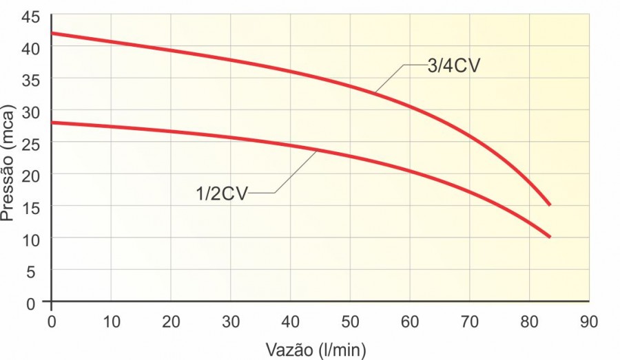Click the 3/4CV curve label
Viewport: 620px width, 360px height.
point(453,66)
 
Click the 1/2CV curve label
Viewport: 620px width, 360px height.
point(220,193)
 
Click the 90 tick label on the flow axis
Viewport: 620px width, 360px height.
point(588,321)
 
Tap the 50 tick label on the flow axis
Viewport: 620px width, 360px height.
point(350,321)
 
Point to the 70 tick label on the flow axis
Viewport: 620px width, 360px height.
point(469,321)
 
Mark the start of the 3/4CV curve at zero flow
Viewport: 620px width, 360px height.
point(53,33)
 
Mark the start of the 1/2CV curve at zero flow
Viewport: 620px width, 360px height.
point(53,123)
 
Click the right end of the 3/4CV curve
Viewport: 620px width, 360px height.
point(550,204)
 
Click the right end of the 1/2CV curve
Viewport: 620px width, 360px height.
point(550,237)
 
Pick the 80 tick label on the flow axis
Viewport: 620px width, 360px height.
point(529,321)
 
